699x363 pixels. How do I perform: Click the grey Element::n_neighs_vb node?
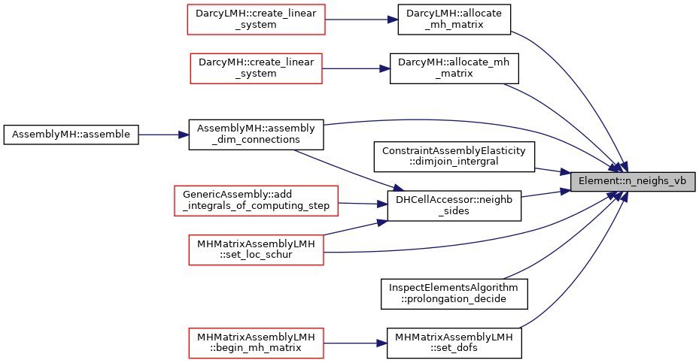(632, 182)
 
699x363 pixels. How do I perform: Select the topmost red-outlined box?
(256, 20)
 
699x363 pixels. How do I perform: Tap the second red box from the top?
(256, 68)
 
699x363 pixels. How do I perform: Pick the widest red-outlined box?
(256, 201)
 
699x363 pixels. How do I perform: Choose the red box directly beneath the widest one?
(256, 250)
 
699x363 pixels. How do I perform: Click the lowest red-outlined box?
(256, 343)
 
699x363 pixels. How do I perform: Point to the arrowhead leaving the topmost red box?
(394, 20)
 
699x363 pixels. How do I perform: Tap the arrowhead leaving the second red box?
(385, 68)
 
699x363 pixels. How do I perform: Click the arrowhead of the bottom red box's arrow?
(382, 343)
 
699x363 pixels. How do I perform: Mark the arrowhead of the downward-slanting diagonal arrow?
(399, 189)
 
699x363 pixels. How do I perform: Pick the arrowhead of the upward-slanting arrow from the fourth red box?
(382, 222)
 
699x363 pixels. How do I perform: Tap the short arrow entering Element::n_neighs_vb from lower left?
(546, 193)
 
